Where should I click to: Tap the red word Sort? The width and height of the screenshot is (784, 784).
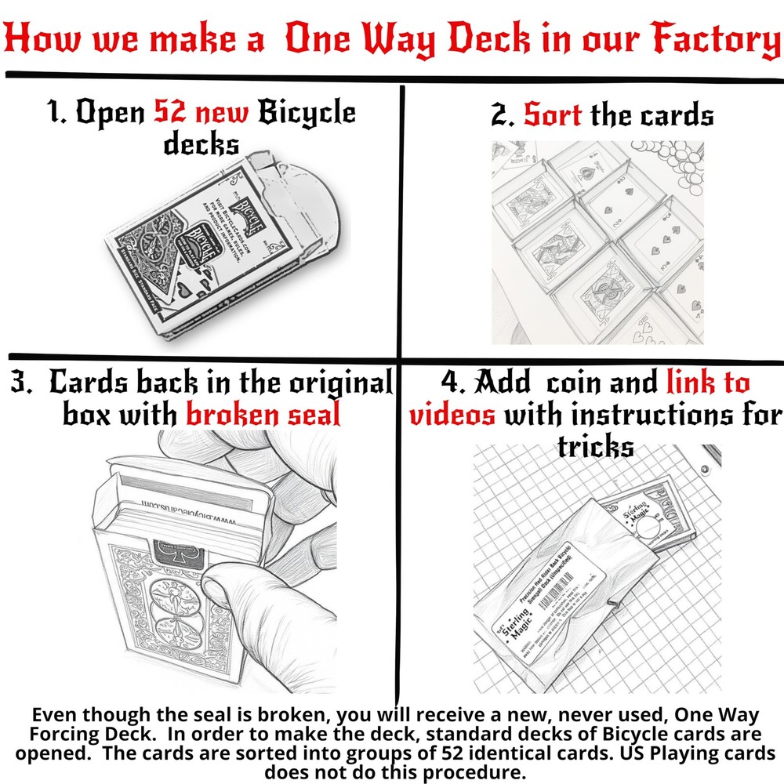coord(553,115)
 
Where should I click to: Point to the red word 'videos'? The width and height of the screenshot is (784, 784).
coord(452,414)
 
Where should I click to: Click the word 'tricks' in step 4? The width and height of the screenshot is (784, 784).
coord(595,445)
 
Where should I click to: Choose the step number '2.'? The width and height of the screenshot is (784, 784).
coord(504,115)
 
